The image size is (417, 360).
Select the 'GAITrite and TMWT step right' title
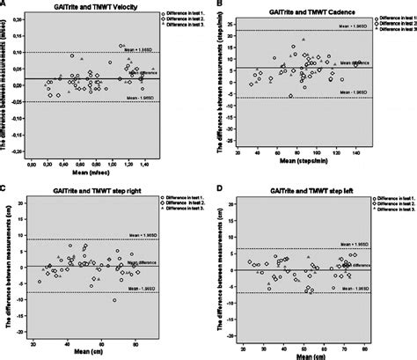point(82,188)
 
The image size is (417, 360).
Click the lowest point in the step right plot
point(114,300)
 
